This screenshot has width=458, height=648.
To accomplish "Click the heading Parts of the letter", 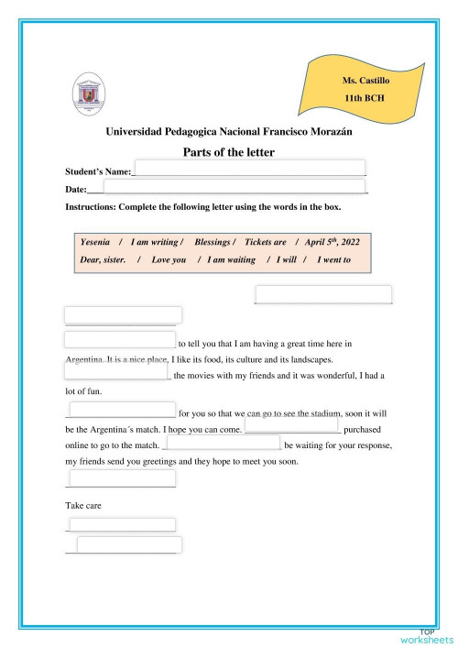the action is click(x=229, y=152).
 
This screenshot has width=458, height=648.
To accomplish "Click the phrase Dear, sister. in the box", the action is click(x=103, y=260).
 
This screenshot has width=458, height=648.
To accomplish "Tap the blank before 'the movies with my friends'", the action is click(x=117, y=372).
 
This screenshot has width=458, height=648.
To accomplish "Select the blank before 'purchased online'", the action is click(x=291, y=425).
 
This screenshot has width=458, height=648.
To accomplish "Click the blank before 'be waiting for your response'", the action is click(x=222, y=443).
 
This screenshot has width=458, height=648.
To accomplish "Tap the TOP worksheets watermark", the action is click(x=427, y=636).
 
